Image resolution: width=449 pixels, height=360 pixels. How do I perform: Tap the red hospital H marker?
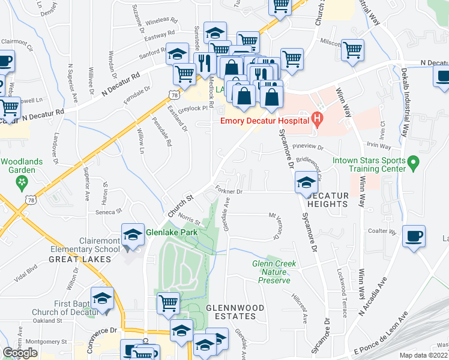click(x=318, y=120)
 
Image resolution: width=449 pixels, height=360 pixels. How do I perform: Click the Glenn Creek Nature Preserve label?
click(x=274, y=272)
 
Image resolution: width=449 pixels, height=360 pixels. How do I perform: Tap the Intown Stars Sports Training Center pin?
click(x=412, y=163)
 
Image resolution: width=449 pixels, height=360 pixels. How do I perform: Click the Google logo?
click(x=20, y=353)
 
